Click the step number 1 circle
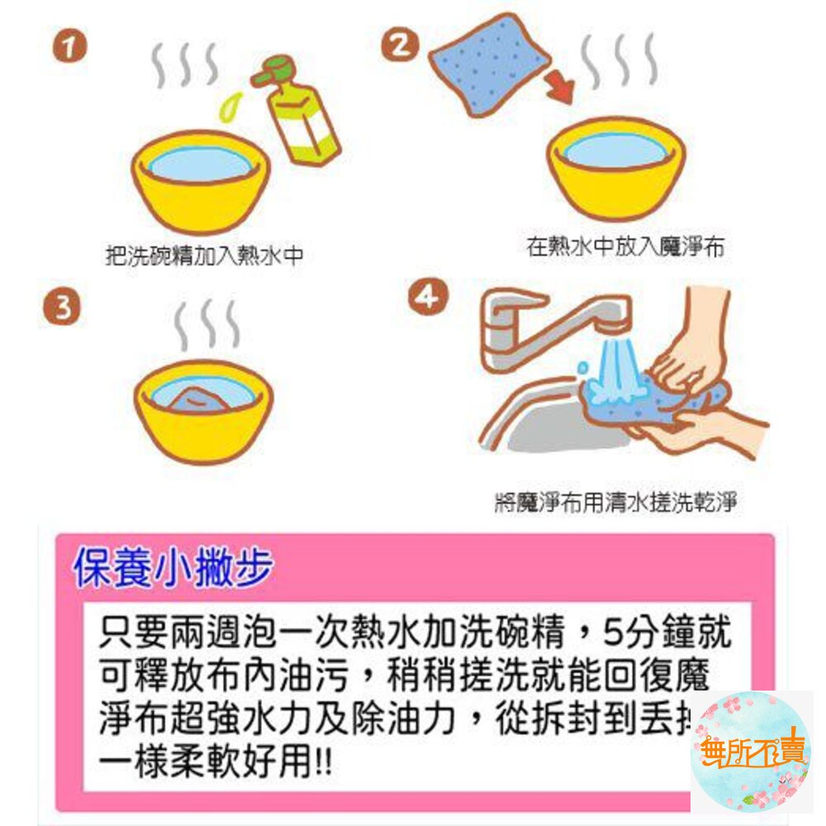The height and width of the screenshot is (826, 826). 70,48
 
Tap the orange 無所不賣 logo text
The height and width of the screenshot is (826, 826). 752,753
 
